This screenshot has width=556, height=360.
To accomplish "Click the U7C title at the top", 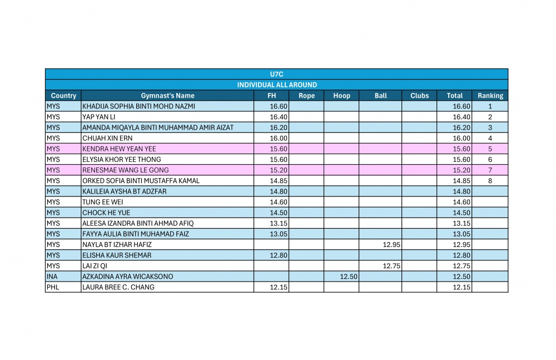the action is point(276,74).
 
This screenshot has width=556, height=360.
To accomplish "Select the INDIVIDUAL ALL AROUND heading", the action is point(277,85).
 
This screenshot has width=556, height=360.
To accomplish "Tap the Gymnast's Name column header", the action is point(168,96).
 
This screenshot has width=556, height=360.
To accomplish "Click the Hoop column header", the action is point(341,96).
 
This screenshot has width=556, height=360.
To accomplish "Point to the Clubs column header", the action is point(419,96).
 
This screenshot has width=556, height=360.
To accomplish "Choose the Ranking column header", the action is point(490,96).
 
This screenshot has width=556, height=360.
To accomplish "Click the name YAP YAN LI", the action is point(98,117).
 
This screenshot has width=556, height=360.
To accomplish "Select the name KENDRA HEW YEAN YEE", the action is point(119,149).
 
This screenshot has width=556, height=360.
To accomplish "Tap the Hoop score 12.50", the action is point(349,277).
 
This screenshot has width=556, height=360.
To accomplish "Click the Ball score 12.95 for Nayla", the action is point(391,245).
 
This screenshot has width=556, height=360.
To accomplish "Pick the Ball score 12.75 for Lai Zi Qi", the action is point(391,266).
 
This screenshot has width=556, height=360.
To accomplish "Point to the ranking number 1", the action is point(490,106).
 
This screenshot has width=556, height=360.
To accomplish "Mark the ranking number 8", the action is point(490,181).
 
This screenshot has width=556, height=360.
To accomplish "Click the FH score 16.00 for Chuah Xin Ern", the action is point(279,138).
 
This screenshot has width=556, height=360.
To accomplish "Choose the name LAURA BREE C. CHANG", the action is point(118,287).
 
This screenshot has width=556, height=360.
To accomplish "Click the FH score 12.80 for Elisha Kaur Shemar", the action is point(279,255).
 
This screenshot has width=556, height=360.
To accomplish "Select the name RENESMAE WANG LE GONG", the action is point(126,170).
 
